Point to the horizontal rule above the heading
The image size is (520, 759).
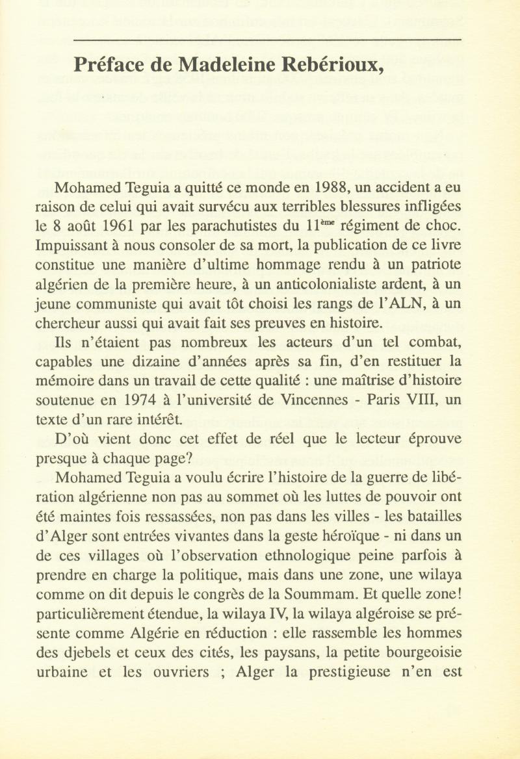(x=267, y=40)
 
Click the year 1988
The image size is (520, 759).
(x=330, y=189)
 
